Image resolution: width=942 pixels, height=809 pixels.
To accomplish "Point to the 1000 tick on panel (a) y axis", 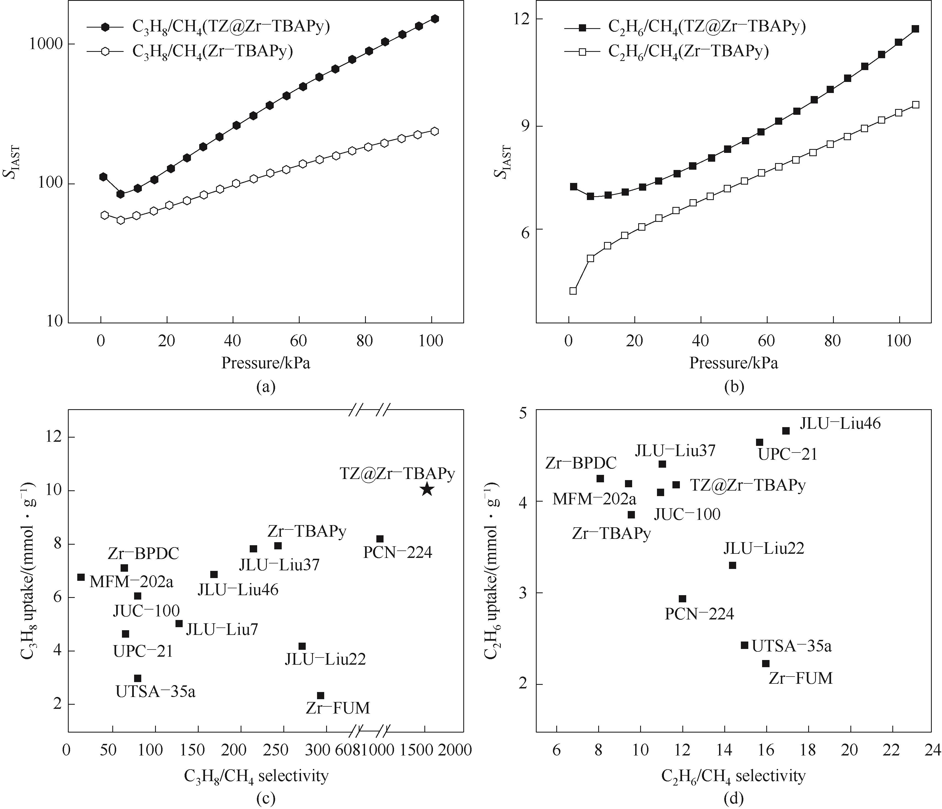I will tap(46, 44).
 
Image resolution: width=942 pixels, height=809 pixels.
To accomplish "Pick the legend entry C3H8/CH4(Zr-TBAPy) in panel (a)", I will tap(212, 51).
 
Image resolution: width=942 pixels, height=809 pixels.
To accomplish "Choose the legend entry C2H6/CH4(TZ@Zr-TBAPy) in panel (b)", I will tap(707, 27).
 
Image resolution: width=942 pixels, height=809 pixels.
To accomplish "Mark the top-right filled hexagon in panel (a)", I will tap(435, 19).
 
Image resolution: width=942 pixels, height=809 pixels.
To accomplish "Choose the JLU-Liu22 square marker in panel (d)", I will tap(732, 565).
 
